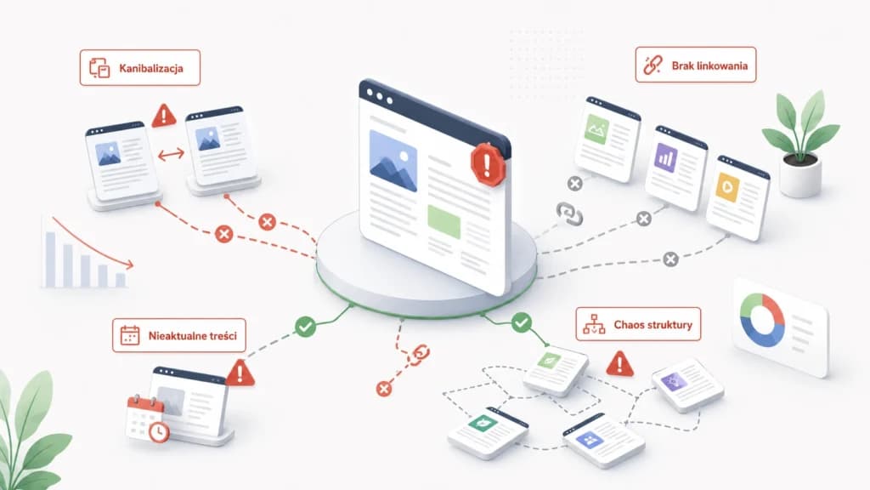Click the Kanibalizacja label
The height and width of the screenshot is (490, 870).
tap(140, 68)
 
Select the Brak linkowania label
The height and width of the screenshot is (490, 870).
tap(696, 65)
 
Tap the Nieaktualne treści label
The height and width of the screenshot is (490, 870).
tap(178, 335)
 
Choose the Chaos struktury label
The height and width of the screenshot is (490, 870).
tap(638, 324)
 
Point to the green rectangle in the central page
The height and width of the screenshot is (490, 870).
tap(443, 222)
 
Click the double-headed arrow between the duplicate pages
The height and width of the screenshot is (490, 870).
tap(171, 155)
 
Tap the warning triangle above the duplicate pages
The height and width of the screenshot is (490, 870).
tap(164, 116)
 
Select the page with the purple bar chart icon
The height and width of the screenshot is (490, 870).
tap(675, 168)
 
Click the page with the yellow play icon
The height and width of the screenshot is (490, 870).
tap(737, 197)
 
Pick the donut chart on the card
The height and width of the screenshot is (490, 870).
tap(762, 321)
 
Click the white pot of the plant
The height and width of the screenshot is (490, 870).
tap(800, 175)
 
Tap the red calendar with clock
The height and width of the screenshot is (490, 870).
tap(148, 419)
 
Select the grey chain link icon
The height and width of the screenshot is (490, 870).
tap(569, 214)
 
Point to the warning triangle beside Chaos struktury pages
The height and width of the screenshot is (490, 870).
tap(619, 364)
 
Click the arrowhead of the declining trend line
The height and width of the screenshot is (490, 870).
tap(129, 265)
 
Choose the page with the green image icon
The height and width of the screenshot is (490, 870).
tap(607, 140)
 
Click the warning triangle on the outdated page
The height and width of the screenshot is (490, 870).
tap(240, 373)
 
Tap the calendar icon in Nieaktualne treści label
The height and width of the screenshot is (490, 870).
tap(130, 335)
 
